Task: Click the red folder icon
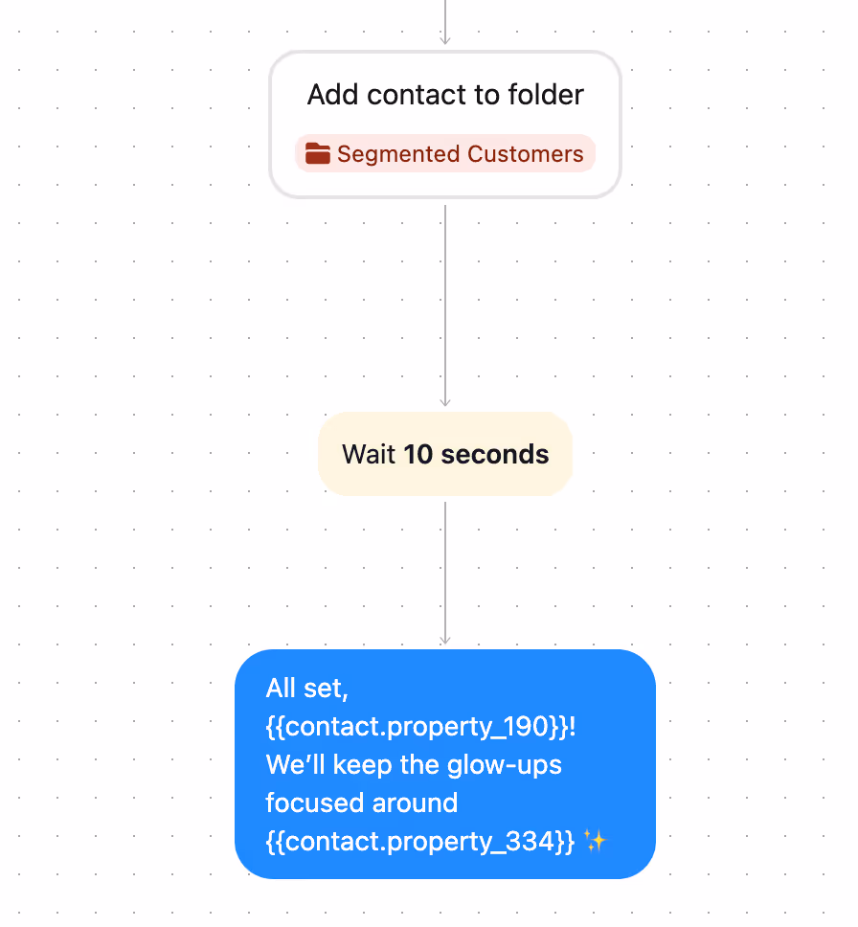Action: (318, 153)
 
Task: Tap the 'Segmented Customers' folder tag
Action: (445, 153)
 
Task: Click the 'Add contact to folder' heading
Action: (445, 95)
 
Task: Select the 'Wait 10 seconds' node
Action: (445, 454)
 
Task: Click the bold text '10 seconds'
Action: (476, 454)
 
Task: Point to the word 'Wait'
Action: (369, 454)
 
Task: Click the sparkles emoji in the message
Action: (595, 841)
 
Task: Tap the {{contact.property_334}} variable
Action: (419, 841)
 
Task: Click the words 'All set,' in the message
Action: (306, 688)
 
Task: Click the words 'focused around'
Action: (361, 803)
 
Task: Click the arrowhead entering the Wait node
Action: (445, 402)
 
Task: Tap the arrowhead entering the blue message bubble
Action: (445, 640)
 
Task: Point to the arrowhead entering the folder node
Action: (445, 40)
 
